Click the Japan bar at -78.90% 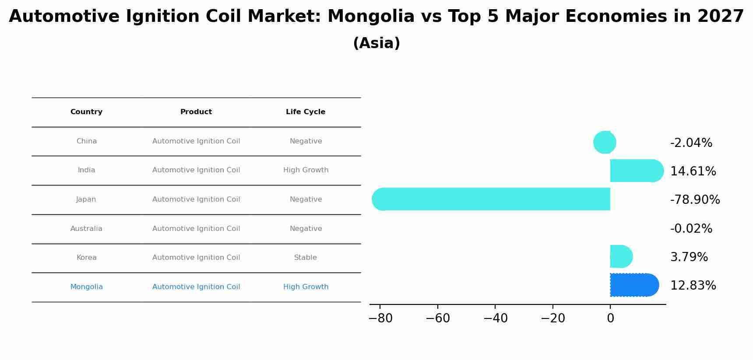click(x=491, y=199)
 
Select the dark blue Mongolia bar click(x=634, y=285)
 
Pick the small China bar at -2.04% click(x=605, y=142)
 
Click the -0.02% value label click(x=691, y=229)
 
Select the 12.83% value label click(x=693, y=286)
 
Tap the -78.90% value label click(x=695, y=200)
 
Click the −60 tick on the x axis click(x=437, y=318)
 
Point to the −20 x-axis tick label click(x=552, y=318)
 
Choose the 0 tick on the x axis click(x=610, y=318)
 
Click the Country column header click(x=86, y=112)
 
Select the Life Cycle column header click(x=306, y=112)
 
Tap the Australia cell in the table click(x=86, y=229)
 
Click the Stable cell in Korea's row click(x=306, y=258)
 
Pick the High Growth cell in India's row click(x=306, y=170)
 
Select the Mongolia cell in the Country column click(x=86, y=287)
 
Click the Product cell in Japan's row click(x=196, y=199)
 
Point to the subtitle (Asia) click(x=376, y=43)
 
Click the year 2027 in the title click(x=721, y=17)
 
